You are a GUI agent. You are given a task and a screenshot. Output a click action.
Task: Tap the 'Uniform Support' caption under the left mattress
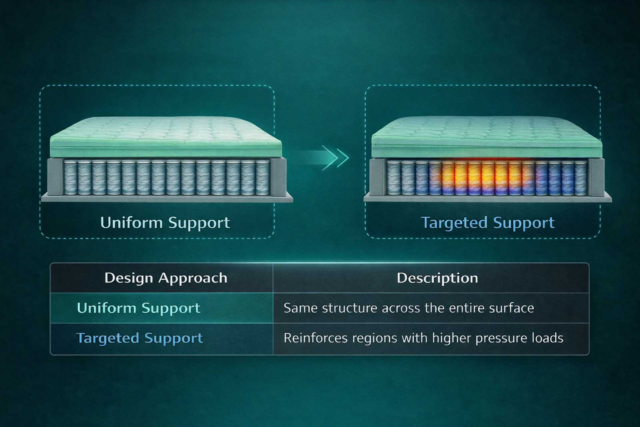point(165,223)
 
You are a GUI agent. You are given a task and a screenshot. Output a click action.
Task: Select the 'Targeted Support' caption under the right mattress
point(488,223)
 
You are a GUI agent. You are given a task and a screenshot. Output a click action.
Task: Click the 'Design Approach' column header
point(166,278)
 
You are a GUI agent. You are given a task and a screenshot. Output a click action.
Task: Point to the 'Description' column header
point(437,278)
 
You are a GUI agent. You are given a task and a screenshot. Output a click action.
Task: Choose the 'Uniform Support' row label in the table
point(138,308)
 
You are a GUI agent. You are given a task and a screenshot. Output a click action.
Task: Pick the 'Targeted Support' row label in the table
point(140,338)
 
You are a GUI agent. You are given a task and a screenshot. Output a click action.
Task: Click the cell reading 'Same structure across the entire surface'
point(408,308)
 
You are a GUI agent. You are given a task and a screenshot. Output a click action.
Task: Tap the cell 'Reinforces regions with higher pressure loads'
point(423,338)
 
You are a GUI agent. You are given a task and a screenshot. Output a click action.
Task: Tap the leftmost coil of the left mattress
point(71,177)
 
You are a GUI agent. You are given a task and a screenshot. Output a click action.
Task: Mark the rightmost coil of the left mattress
point(262,177)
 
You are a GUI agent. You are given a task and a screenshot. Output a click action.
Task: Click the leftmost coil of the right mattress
point(394,177)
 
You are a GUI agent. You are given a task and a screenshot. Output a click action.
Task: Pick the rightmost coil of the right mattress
point(580,177)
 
